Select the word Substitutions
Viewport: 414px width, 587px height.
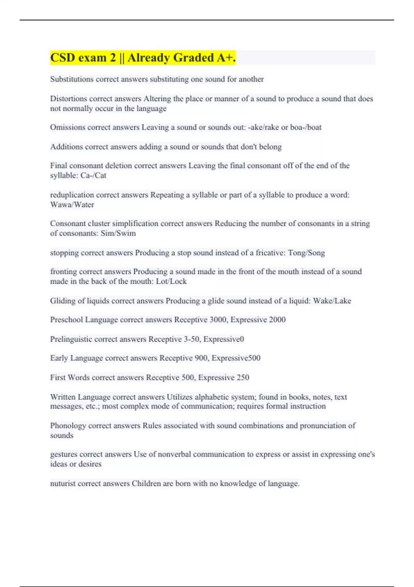click(72, 79)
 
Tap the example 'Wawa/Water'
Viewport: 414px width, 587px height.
click(72, 205)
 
